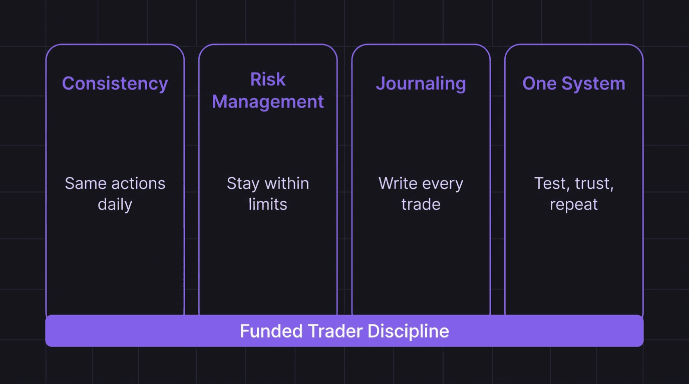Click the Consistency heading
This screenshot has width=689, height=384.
[115, 83]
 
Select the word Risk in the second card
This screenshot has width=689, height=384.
[268, 79]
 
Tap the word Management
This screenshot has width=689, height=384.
[268, 101]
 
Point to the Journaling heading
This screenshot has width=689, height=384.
[421, 83]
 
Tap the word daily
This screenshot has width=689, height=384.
[115, 204]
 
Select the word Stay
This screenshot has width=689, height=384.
[243, 183]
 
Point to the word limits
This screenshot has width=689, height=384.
[268, 204]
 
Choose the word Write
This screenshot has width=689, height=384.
[398, 183]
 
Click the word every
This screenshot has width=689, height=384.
[442, 183]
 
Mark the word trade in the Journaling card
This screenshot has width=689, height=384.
[421, 204]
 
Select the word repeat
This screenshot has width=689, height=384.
[574, 204]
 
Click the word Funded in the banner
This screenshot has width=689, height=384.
[271, 331]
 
